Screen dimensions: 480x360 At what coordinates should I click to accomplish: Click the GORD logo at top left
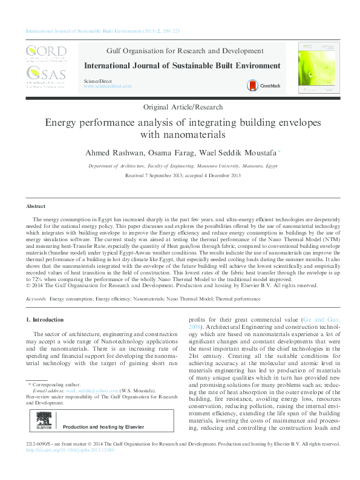point(47,53)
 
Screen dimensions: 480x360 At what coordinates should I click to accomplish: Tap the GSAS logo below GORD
point(47,77)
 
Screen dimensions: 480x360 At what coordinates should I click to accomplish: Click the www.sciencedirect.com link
point(108,86)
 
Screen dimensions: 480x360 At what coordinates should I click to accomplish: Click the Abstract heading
point(36,206)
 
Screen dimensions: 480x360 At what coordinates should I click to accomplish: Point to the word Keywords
point(36,299)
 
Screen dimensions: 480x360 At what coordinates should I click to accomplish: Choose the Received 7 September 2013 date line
point(183,175)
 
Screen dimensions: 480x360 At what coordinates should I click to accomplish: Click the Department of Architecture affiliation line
point(183,165)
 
